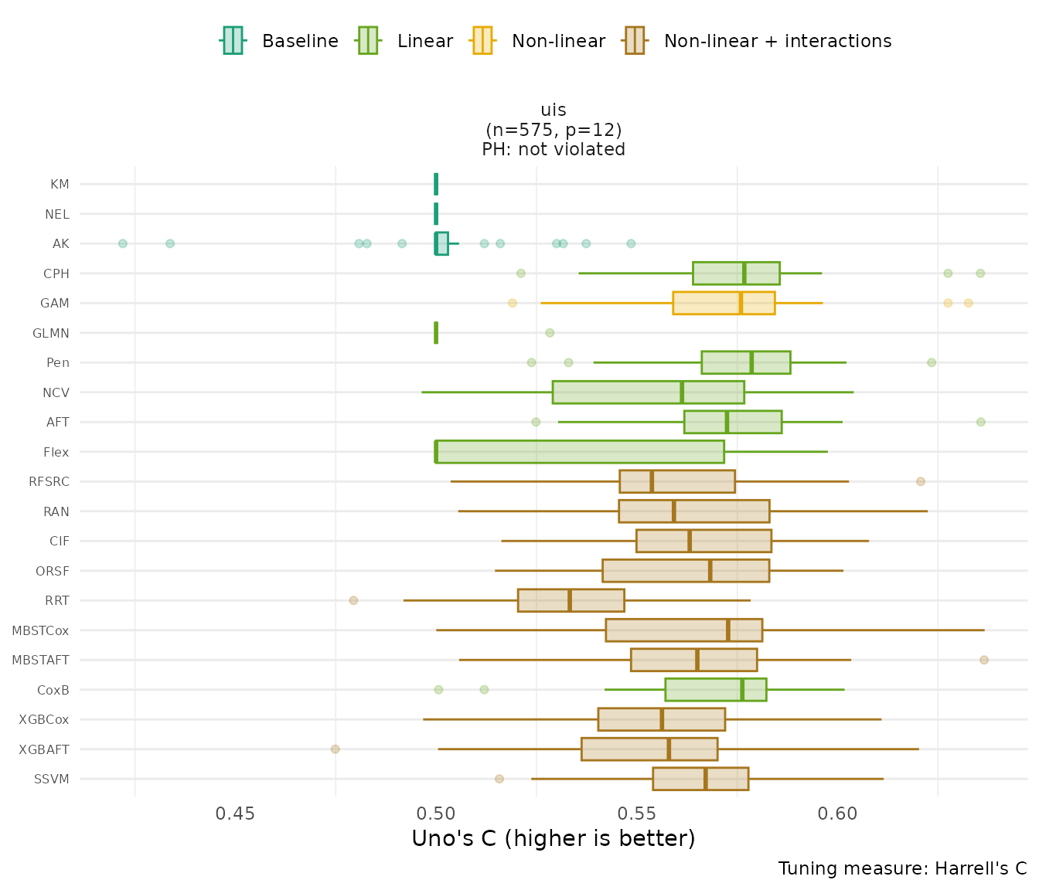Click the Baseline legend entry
pyautogui.click(x=280, y=41)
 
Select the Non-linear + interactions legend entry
pyautogui.click(x=758, y=41)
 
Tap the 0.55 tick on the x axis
pyautogui.click(x=636, y=814)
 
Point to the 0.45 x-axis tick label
pyautogui.click(x=235, y=814)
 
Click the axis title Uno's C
pyautogui.click(x=553, y=839)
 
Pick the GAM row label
pyautogui.click(x=55, y=304)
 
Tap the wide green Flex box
pyautogui.click(x=580, y=452)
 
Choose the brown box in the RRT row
pyautogui.click(x=571, y=600)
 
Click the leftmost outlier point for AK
pyautogui.click(x=122, y=243)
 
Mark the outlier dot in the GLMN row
pyautogui.click(x=550, y=333)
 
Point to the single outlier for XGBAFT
pyautogui.click(x=335, y=749)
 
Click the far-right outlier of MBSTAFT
pyautogui.click(x=983, y=660)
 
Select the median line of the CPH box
pyautogui.click(x=744, y=273)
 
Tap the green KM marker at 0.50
pyautogui.click(x=436, y=184)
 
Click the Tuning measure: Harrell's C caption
pyautogui.click(x=902, y=868)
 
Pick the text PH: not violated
pyautogui.click(x=553, y=149)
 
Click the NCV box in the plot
pyautogui.click(x=648, y=392)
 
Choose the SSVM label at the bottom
pyautogui.click(x=52, y=779)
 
